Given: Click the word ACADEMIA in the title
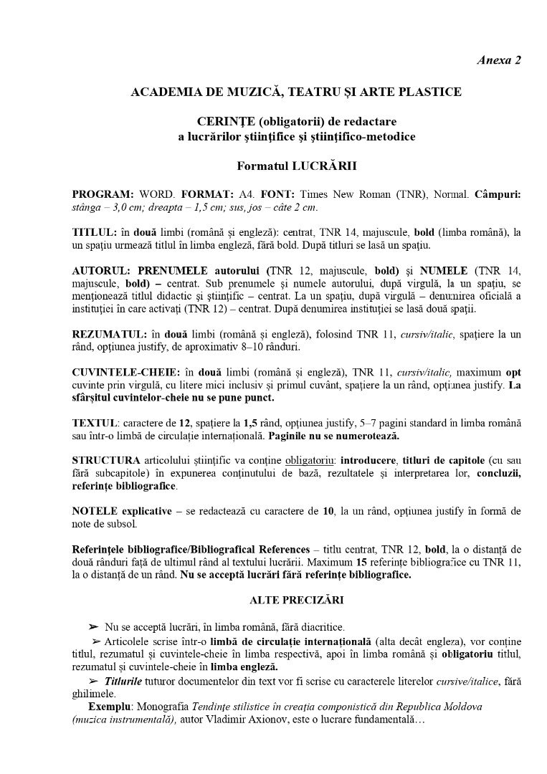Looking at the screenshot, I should (x=163, y=92).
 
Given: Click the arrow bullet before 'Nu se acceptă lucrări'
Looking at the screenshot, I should (x=93, y=627).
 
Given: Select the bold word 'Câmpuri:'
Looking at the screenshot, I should (x=495, y=194).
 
